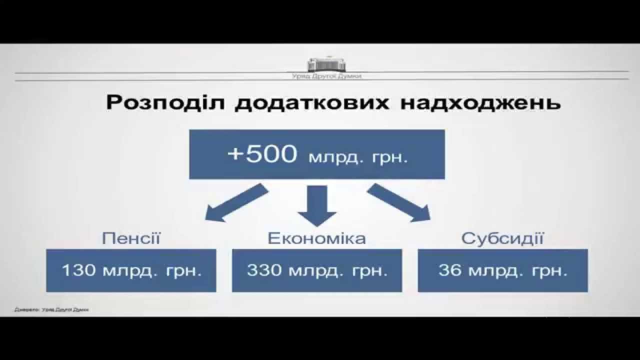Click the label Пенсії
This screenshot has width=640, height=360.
[x=131, y=238]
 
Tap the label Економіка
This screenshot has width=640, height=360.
[x=317, y=238]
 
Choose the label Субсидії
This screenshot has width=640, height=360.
[x=502, y=238]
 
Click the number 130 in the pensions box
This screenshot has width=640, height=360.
[x=78, y=271]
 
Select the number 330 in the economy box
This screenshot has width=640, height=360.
[x=264, y=271]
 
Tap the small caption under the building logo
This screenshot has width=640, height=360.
[x=326, y=76]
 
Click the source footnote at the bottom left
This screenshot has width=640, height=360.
[x=51, y=310]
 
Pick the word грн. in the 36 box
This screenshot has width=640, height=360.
[x=551, y=271]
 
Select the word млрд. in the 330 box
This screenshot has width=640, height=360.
[x=310, y=271]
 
